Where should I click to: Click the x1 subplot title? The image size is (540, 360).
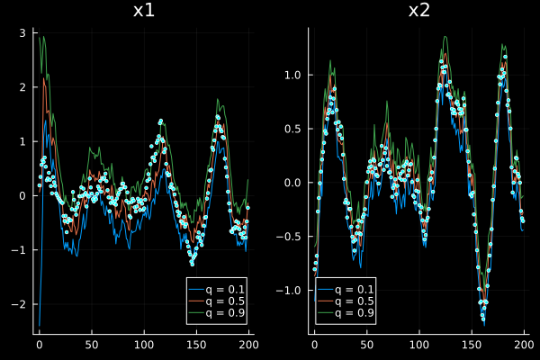pos(142,11)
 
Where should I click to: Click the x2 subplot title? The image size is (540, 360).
pos(418,11)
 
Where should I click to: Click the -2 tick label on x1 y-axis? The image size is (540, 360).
pos(22,304)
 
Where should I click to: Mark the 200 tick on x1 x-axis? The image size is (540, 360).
pos(249,344)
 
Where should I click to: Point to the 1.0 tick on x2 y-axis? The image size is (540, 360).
pos(294,75)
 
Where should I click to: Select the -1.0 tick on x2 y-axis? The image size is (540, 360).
pos(292,290)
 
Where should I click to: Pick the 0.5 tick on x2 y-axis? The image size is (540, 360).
pos(294,129)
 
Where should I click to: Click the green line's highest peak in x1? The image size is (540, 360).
pos(41,36)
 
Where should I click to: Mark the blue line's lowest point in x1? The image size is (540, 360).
pos(39,325)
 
